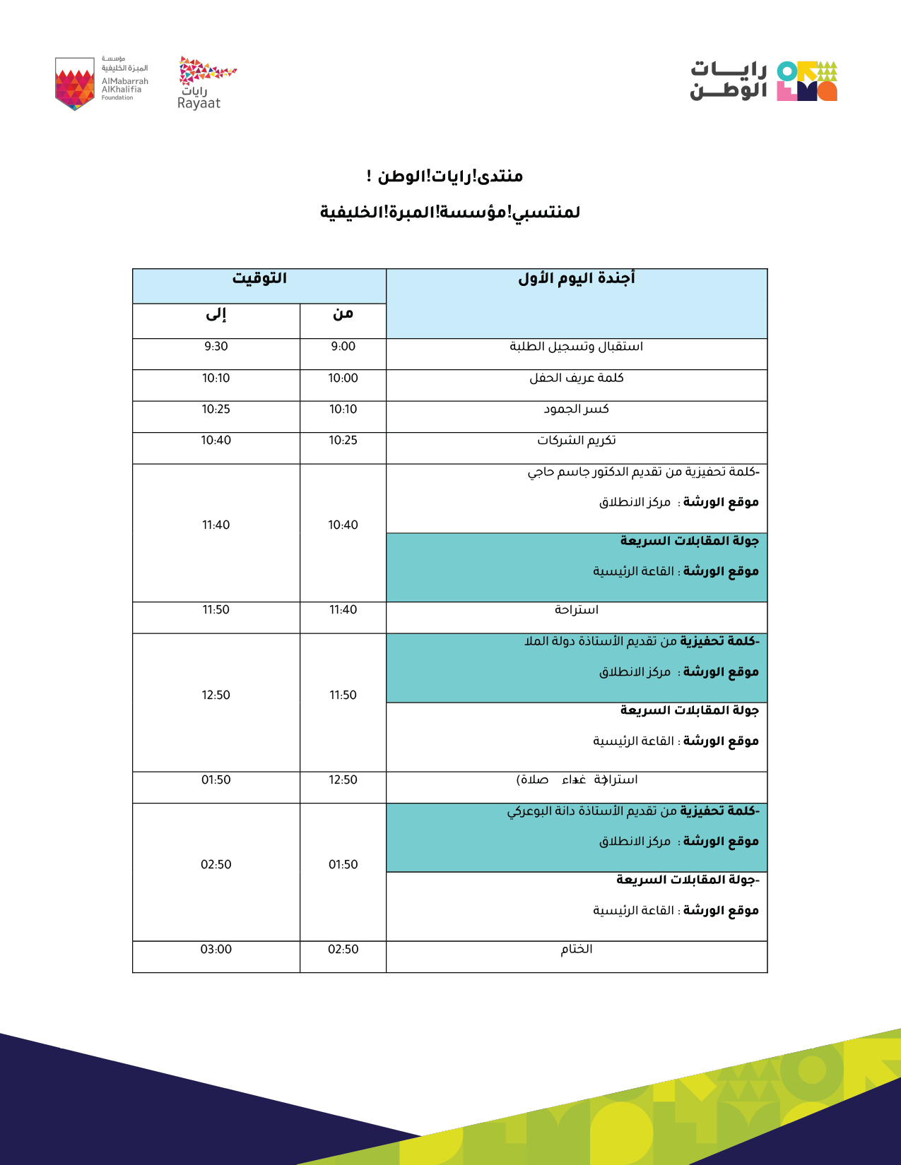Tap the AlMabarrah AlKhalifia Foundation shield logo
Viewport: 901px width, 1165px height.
tap(74, 83)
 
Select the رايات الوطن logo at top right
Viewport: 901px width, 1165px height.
tap(764, 80)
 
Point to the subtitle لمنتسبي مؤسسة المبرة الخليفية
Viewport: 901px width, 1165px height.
tap(450, 213)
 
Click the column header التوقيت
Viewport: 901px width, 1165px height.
tap(259, 279)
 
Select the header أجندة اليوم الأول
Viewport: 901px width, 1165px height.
tap(577, 279)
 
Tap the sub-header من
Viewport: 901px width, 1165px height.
tap(343, 314)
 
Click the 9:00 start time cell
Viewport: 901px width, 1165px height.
tap(343, 347)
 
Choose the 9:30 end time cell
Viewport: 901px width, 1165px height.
tap(216, 347)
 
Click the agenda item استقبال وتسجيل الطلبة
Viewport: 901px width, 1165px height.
tap(577, 347)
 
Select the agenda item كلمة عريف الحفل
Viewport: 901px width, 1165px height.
tap(577, 378)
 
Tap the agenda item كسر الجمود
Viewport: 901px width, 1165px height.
tap(577, 410)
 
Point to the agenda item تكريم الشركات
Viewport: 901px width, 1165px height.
tap(577, 441)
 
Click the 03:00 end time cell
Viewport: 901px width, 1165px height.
tap(216, 950)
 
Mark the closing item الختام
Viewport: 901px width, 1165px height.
tap(577, 950)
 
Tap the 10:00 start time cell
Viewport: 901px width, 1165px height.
tap(343, 378)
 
